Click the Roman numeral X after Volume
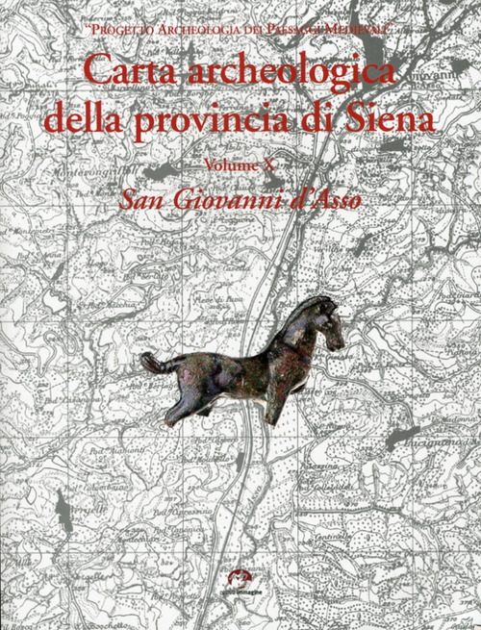[294, 164]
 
